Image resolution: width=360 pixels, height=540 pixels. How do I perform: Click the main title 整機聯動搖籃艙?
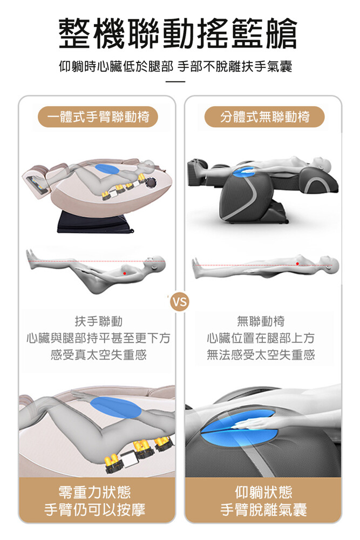[x=178, y=33]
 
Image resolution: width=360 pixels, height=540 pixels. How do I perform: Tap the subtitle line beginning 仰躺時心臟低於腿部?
[x=175, y=66]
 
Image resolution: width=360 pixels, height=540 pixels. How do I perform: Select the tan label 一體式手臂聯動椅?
[x=98, y=117]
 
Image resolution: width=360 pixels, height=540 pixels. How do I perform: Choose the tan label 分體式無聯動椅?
[x=264, y=117]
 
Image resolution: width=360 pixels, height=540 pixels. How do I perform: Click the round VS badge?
[x=180, y=302]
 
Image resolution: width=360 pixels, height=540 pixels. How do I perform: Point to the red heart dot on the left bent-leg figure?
[x=125, y=273]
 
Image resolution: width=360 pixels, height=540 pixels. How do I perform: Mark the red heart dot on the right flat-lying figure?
[x=297, y=264]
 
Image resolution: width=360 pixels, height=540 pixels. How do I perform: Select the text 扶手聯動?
[x=98, y=321]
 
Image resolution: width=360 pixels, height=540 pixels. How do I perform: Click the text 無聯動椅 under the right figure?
[x=261, y=321]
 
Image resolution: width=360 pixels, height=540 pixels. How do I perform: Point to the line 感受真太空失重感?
[x=98, y=354]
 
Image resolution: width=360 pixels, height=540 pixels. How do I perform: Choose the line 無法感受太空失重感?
[x=261, y=354]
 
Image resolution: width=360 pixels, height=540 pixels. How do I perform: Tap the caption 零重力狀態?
[x=94, y=492]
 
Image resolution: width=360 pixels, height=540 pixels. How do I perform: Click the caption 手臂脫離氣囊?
[x=263, y=510]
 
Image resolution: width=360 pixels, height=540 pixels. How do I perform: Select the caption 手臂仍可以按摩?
[x=94, y=510]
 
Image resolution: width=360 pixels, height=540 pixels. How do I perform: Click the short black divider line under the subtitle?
[x=175, y=82]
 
